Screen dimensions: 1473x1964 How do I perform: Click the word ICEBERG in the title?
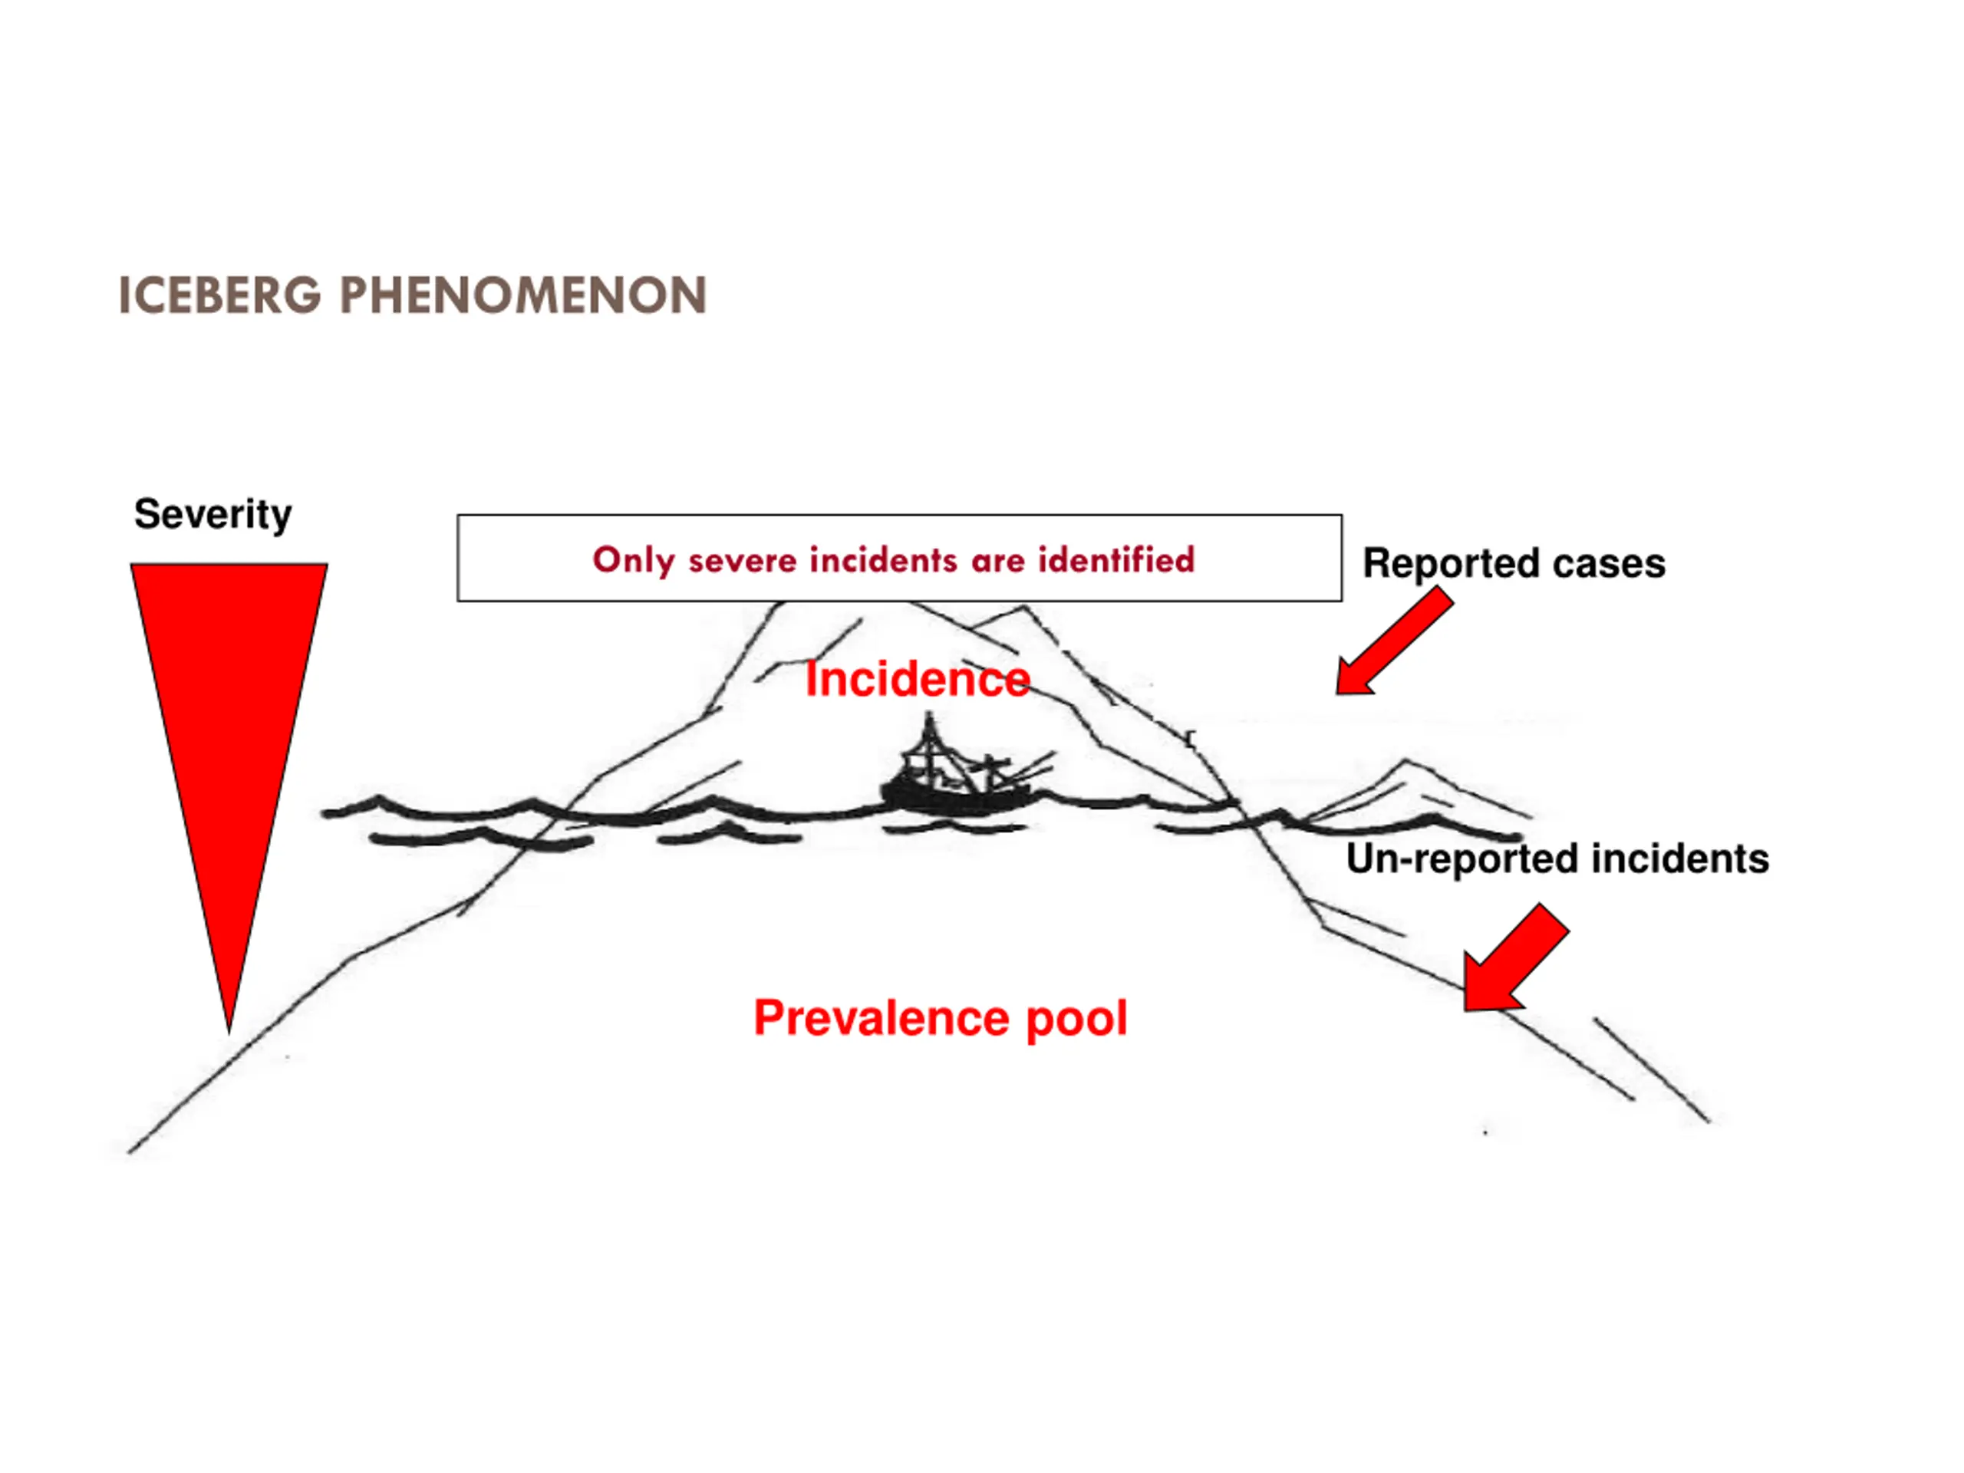(219, 295)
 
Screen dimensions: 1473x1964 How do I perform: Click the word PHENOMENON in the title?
(523, 295)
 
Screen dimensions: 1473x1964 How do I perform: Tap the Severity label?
(213, 514)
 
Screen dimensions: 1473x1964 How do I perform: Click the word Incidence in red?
(918, 680)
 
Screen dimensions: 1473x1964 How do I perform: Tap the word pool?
(1076, 1017)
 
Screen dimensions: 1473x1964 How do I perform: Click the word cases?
(1618, 564)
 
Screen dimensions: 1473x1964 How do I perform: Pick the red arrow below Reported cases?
(1394, 644)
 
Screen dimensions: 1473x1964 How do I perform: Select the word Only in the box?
(633, 560)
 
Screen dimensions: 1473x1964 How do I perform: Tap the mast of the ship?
(930, 746)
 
